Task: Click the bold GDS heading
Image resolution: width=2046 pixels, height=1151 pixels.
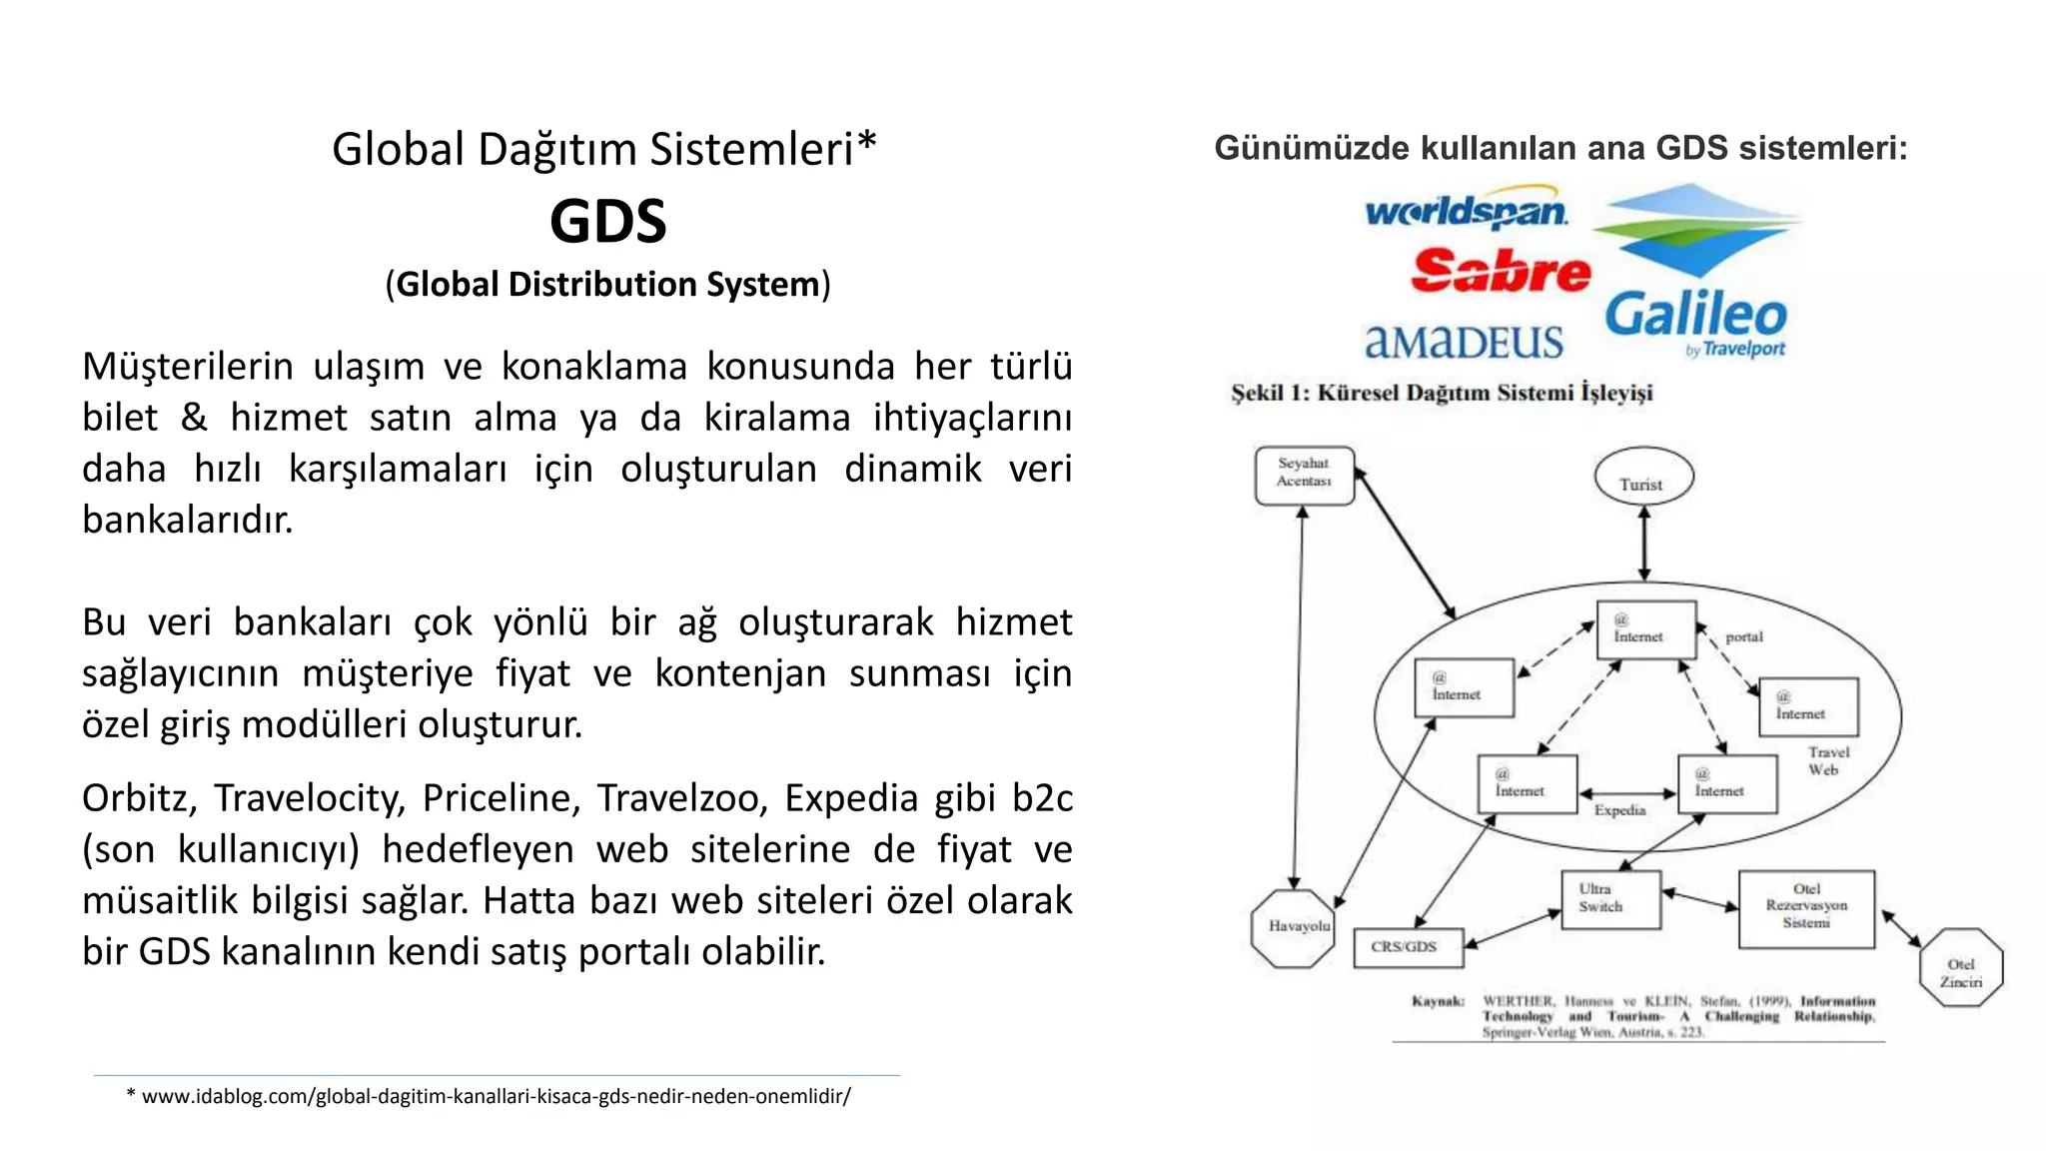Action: tap(607, 221)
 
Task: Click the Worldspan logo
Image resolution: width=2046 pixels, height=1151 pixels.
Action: tap(1466, 210)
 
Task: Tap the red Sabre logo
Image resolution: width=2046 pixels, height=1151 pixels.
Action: tap(1500, 271)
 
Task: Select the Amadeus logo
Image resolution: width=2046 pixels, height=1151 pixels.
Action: tap(1464, 342)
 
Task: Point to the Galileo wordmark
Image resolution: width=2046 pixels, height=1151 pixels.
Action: tap(1695, 315)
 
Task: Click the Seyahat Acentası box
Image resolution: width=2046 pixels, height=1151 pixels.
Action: tap(1304, 474)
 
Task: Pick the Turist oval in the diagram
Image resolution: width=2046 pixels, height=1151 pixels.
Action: tap(1642, 477)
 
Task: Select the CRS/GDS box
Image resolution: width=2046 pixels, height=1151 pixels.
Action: tap(1407, 946)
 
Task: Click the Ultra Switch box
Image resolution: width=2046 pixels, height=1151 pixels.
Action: tap(1609, 898)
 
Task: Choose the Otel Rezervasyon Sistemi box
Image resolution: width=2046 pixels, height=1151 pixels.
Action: tap(1805, 907)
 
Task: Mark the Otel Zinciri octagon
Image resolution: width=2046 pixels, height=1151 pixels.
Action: tap(1960, 967)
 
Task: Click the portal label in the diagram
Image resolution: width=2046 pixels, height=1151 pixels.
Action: tap(1744, 636)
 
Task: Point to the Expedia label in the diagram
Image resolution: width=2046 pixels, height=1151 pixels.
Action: tap(1619, 810)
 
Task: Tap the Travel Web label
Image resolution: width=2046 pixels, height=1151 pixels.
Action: tap(1827, 760)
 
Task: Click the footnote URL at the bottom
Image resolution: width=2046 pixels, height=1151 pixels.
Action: tap(496, 1096)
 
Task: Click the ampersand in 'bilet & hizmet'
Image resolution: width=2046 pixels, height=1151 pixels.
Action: tap(194, 418)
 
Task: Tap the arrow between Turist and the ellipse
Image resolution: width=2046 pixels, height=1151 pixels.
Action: tap(1644, 544)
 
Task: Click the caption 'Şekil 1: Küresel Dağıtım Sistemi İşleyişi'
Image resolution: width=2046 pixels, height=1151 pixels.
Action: tap(1442, 393)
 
